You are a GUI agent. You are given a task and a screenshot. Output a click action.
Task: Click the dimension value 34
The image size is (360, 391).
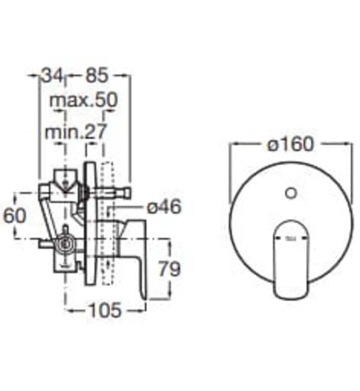(x=53, y=75)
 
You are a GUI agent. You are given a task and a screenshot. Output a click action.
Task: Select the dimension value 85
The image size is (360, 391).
(x=98, y=75)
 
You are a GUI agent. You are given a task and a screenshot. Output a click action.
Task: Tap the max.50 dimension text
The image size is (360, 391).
(x=84, y=101)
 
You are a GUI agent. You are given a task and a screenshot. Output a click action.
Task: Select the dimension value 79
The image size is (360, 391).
(x=167, y=269)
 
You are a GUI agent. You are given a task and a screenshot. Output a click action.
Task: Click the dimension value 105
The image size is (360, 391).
(x=104, y=310)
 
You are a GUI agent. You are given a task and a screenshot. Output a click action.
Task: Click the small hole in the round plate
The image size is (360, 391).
(x=290, y=194)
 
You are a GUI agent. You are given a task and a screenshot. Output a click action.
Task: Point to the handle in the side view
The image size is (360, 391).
(x=134, y=251)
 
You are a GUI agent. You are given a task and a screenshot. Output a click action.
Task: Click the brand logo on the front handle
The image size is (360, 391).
(x=291, y=240)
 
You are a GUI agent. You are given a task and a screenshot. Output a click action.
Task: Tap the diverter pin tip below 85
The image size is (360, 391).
(x=127, y=193)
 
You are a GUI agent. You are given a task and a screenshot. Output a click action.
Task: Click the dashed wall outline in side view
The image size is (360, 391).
(x=109, y=223)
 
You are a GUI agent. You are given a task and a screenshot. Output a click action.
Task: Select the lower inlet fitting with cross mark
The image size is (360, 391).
(x=66, y=244)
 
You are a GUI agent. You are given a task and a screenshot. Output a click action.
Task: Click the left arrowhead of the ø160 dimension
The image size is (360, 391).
(x=234, y=144)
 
